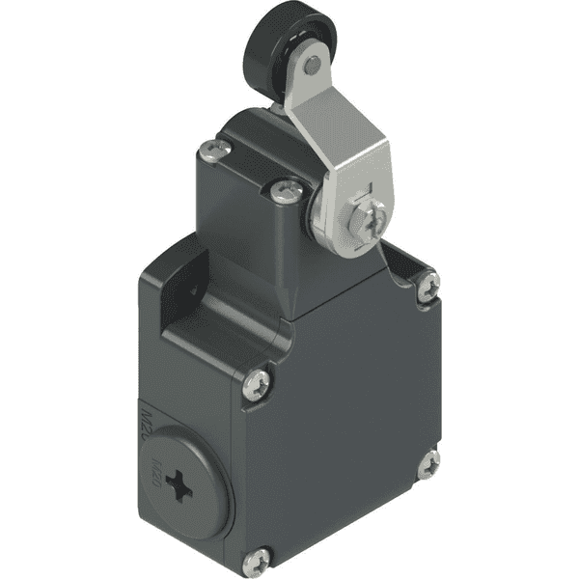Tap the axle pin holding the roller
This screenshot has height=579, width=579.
(311, 66)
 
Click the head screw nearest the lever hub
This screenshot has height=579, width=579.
(285, 191)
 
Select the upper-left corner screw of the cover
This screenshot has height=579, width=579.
(258, 385)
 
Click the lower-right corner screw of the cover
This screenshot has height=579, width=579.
(428, 463)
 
